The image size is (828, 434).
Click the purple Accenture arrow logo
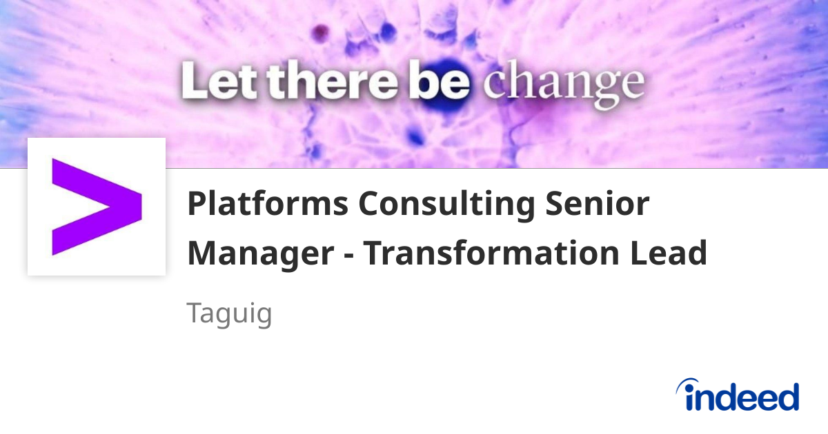click(96, 206)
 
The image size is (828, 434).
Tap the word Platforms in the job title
click(267, 205)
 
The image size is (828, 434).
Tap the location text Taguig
click(230, 314)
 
